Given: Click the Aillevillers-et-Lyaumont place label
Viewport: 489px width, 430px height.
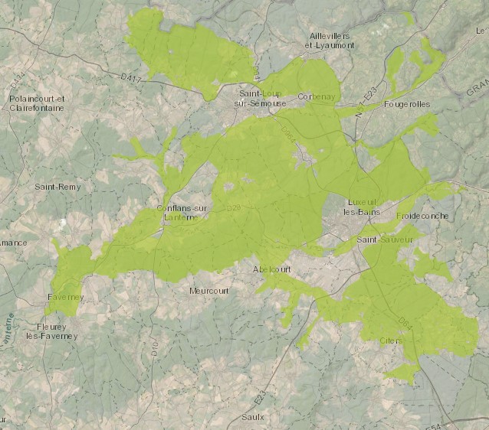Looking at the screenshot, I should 330,41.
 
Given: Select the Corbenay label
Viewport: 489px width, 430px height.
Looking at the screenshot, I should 317,96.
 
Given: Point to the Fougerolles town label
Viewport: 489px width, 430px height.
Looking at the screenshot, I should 407,103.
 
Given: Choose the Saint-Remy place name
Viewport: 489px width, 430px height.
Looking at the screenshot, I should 57,186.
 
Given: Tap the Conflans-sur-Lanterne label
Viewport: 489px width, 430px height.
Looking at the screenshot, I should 182,212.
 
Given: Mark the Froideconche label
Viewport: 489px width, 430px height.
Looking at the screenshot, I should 422,216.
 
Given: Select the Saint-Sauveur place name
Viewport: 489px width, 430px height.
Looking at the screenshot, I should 385,239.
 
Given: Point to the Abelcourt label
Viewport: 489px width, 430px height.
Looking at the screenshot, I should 273,269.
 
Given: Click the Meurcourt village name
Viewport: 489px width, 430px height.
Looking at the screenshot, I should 208,290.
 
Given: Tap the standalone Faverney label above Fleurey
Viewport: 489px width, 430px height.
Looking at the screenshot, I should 64,295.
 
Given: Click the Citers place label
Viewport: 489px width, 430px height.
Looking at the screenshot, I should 391,340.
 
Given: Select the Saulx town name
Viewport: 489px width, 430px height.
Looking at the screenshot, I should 252,416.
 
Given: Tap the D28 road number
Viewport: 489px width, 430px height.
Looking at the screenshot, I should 233,207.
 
